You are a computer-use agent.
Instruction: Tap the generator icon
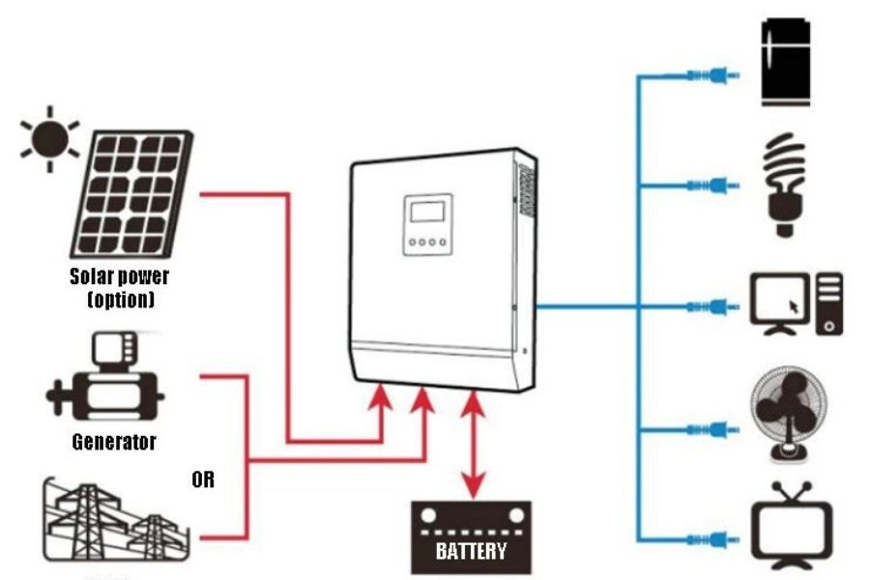point(105,382)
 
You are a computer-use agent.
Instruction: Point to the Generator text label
point(114,443)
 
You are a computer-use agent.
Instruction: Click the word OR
point(203,479)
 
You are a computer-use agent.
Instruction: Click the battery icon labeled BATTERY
point(472,537)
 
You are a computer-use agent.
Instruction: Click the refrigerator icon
point(787,62)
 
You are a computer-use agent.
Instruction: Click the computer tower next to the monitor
point(829,304)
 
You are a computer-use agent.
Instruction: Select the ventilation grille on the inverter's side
point(526,189)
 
